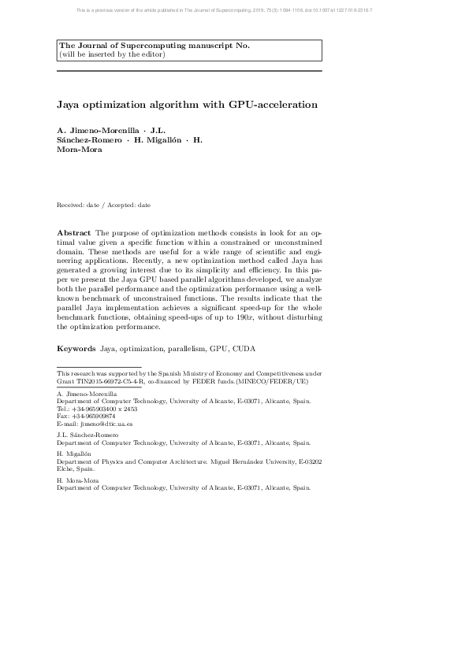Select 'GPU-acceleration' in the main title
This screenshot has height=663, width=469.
[273, 104]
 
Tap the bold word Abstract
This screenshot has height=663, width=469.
[74, 234]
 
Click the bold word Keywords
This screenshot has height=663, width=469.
[76, 347]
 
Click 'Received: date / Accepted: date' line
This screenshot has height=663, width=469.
[103, 205]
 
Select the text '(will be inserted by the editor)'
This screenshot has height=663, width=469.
[113, 54]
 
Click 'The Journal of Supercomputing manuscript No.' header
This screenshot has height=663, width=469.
[154, 46]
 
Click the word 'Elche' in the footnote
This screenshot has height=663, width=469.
[65, 469]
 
